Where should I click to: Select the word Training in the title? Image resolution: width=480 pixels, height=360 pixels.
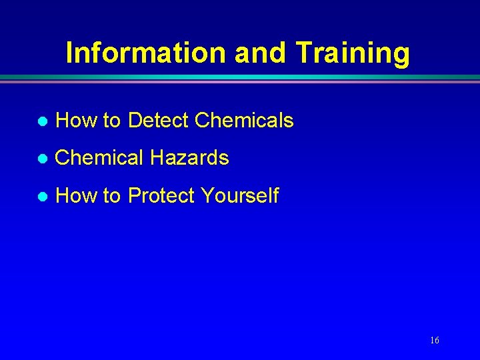tap(353, 53)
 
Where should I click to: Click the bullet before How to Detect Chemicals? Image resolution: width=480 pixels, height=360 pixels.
tap(41, 121)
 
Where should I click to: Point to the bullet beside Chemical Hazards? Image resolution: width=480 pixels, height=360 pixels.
tap(41, 159)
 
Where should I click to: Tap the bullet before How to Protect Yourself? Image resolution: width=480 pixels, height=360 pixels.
tap(41, 197)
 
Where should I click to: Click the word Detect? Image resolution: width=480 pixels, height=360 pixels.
tap(158, 121)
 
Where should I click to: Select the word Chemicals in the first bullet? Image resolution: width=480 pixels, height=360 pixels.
tap(245, 121)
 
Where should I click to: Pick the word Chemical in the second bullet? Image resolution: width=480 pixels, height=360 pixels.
tap(99, 158)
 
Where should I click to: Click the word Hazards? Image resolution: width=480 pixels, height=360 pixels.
tap(189, 158)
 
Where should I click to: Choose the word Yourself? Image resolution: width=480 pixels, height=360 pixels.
tap(239, 196)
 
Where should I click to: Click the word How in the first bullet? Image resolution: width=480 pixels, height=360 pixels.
tap(76, 121)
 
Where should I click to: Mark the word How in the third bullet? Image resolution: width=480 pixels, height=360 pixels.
tap(76, 196)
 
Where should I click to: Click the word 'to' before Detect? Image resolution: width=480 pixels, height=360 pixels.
tap(111, 121)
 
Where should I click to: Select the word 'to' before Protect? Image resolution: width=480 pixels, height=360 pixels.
tap(111, 197)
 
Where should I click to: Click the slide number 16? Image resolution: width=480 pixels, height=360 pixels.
tap(434, 341)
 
